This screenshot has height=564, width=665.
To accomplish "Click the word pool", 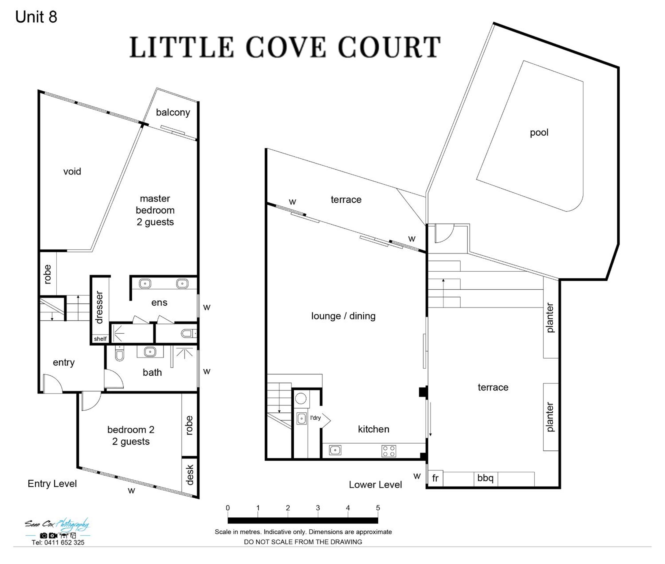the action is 539,133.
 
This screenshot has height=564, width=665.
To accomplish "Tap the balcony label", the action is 173,112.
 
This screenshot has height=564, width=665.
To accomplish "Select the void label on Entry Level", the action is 72,171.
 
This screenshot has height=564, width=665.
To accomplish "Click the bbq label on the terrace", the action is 485,478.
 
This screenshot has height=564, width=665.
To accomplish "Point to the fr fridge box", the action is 435,479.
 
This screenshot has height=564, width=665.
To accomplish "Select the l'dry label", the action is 315,417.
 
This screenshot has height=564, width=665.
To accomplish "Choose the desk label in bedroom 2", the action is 190,475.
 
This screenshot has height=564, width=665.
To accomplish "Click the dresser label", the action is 99,307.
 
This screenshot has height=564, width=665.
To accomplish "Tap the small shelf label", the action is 100,339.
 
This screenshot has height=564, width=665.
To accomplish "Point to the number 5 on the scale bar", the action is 378,508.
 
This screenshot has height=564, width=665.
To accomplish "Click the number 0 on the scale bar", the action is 228,508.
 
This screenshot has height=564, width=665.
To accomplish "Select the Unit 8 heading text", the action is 36,17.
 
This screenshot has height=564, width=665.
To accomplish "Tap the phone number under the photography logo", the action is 58,543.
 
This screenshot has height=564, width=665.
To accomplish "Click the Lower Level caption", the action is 375,485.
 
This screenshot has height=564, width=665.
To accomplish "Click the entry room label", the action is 64,363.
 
